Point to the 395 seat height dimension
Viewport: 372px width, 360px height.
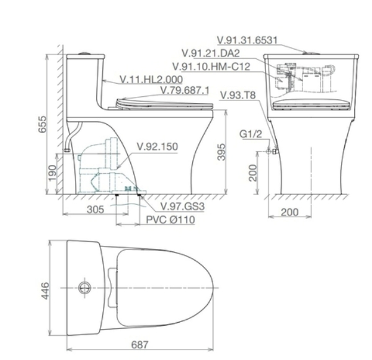tap(230, 154)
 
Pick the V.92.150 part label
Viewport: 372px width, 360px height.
tap(157, 147)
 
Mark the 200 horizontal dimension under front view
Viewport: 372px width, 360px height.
tap(289, 212)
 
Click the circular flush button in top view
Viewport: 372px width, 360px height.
tap(85, 287)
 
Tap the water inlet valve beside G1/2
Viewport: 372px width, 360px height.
tap(272, 151)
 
